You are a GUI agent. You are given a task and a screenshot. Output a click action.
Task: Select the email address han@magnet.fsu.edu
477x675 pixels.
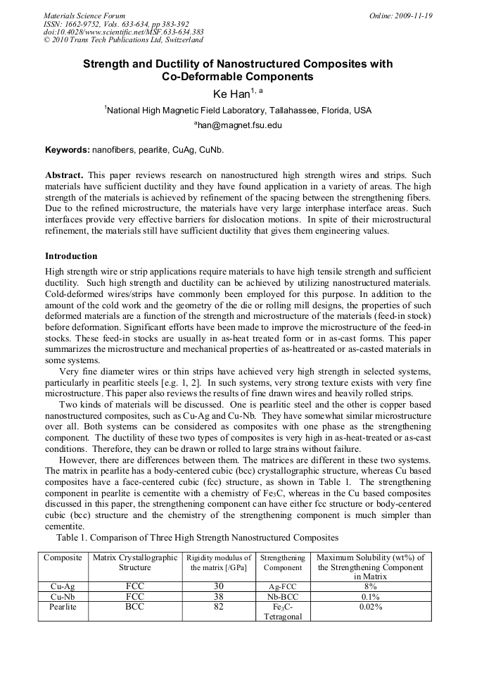(x=238, y=125)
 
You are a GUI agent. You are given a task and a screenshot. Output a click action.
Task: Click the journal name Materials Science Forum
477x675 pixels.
(x=84, y=15)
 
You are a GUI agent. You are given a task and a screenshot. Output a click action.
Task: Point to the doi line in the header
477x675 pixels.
(x=123, y=32)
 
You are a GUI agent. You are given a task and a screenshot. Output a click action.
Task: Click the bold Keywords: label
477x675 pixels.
(x=68, y=150)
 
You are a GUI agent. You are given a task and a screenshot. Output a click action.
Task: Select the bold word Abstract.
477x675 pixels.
(x=64, y=175)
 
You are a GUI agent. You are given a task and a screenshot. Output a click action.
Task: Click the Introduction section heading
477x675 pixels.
(x=71, y=256)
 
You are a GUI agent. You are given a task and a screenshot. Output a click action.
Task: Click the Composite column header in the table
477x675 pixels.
(x=63, y=557)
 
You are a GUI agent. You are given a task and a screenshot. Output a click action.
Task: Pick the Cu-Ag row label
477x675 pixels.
(x=63, y=586)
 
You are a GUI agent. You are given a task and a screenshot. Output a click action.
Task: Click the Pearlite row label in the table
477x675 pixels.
(x=63, y=606)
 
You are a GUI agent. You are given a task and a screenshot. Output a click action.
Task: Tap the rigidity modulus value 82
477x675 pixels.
(x=218, y=606)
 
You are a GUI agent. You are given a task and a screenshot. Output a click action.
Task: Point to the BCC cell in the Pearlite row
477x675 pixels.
(x=134, y=606)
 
